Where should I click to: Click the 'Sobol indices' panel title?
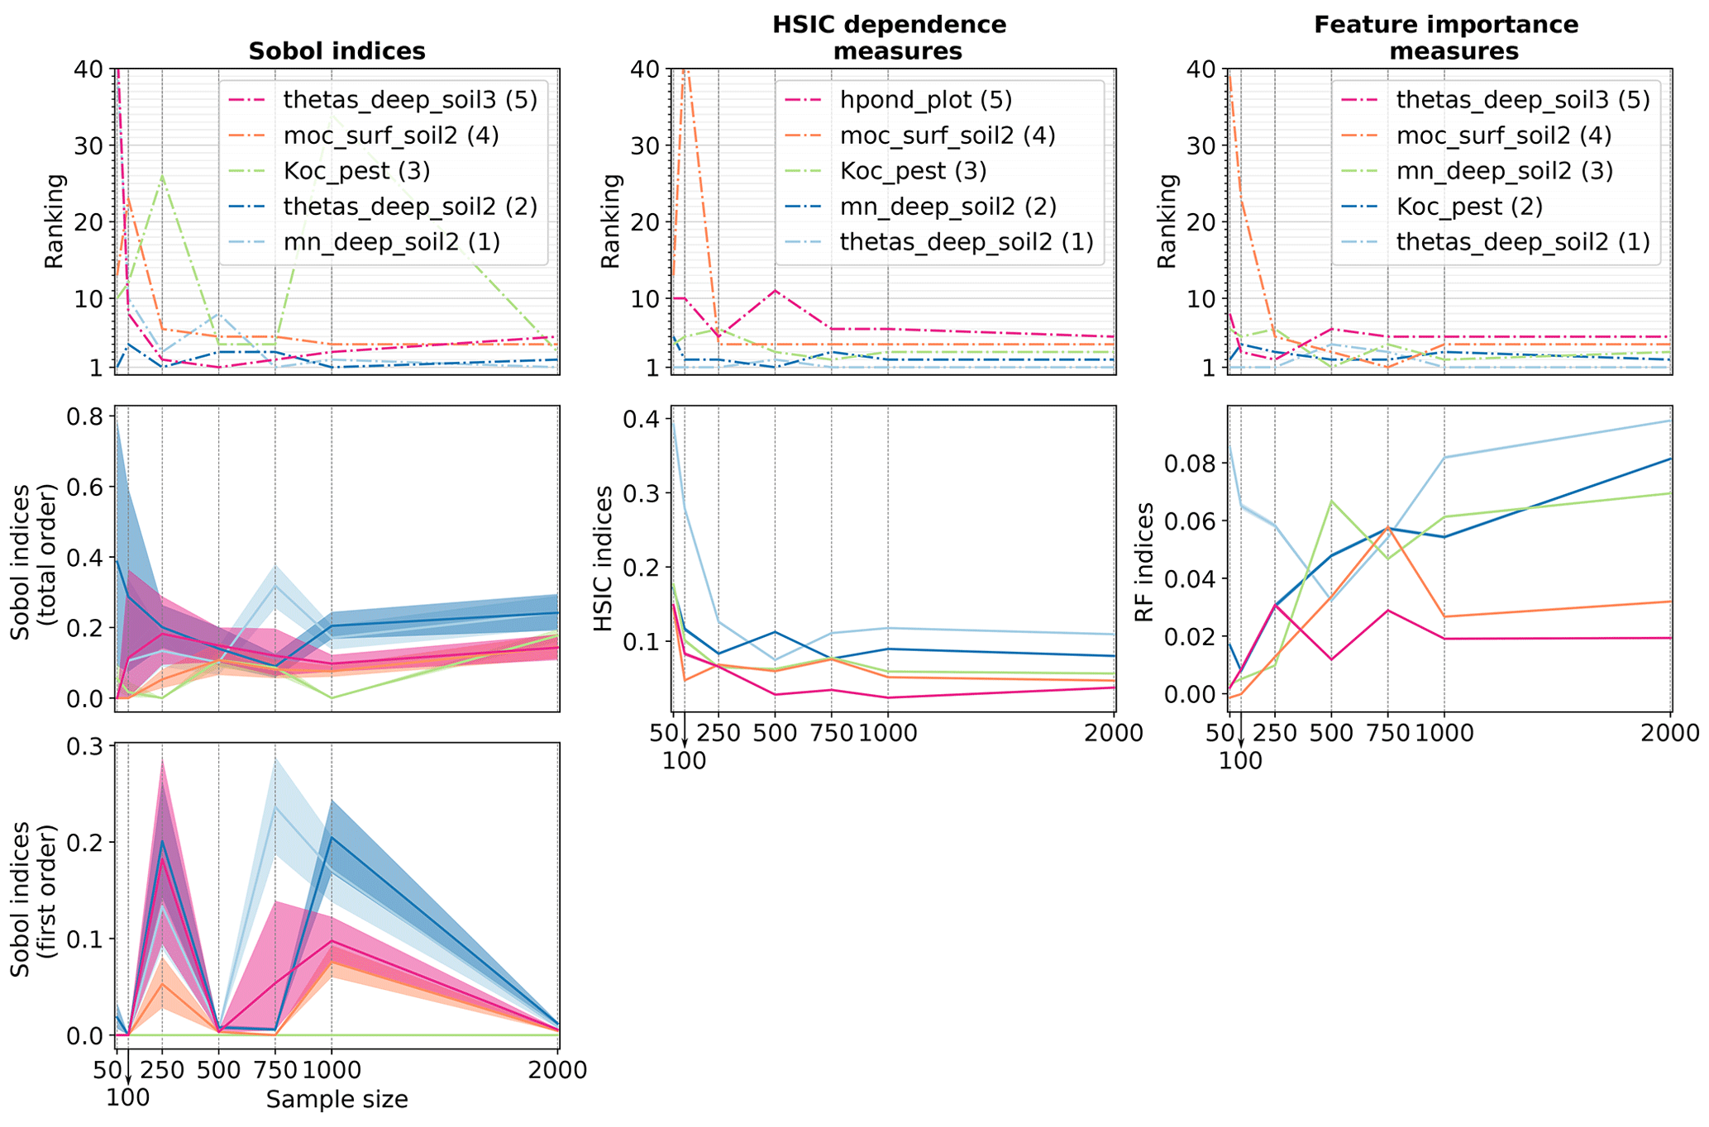coord(337,51)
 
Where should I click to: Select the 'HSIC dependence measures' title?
coord(889,38)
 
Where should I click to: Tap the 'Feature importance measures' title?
coord(1445,38)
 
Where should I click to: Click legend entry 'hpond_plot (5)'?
coord(926,100)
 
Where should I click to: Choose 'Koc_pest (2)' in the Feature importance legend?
coord(1469,206)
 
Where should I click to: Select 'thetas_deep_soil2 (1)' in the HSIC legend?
coord(967,241)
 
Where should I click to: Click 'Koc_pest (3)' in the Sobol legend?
coord(356,171)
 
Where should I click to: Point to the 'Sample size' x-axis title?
coord(337,1100)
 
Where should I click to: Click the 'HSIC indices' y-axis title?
coord(604,559)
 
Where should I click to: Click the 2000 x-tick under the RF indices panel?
coord(1669,733)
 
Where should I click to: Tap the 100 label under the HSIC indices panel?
coord(685,760)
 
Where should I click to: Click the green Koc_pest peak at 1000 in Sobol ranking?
coord(332,114)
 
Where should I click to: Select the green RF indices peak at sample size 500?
coord(1331,501)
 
